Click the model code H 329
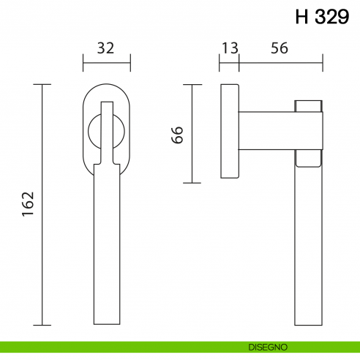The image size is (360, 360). click(322, 18)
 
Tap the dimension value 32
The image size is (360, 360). click(106, 48)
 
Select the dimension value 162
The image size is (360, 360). click(27, 205)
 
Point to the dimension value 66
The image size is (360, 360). click(176, 134)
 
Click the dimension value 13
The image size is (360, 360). click(229, 48)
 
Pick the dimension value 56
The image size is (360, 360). click(279, 48)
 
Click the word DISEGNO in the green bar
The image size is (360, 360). click(268, 346)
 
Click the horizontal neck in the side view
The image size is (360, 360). click(267, 131)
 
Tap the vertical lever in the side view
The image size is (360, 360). click(308, 241)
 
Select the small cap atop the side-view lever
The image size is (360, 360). click(308, 106)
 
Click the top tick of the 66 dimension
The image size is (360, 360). click(192, 85)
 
